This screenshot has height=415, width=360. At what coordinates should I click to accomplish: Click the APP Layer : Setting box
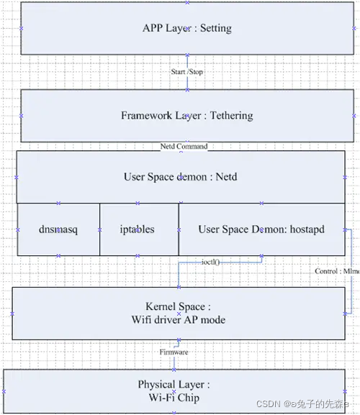187,29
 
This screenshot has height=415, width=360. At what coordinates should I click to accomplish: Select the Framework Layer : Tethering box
187,115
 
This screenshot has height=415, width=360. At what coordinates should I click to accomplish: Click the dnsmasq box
58,229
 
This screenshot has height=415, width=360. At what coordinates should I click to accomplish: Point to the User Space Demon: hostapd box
261,229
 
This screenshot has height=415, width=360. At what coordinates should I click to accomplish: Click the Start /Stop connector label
188,72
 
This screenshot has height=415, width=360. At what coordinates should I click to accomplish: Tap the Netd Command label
184,147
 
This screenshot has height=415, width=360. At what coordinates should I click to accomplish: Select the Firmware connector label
174,352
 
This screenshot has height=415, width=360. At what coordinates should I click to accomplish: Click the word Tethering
231,115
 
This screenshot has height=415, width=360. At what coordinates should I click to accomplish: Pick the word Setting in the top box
215,29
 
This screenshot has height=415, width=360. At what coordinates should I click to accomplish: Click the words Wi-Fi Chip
179,397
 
